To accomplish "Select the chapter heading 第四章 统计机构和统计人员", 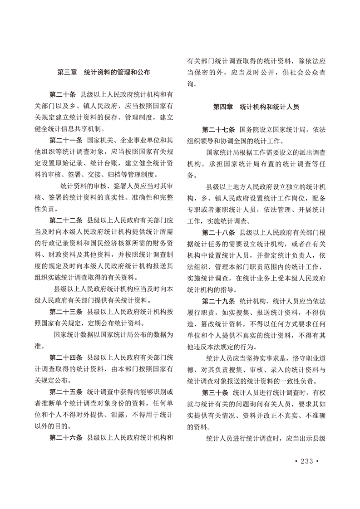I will (x=256, y=108).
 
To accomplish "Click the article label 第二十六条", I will (x=65, y=438).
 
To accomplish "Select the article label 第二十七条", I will (x=217, y=129).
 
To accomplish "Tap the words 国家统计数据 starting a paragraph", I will (x=74, y=335).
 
